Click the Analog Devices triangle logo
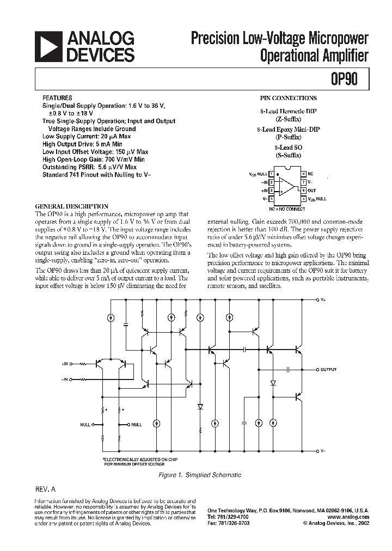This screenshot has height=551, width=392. [x=47, y=47]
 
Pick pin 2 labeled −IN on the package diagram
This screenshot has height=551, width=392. [x=265, y=181]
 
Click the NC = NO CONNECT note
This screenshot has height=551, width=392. [x=287, y=209]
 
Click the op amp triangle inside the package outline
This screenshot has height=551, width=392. [x=286, y=186]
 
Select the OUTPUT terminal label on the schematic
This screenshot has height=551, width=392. [x=328, y=370]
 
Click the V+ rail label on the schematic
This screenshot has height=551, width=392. [x=323, y=300]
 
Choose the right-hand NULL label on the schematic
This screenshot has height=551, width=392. [x=136, y=424]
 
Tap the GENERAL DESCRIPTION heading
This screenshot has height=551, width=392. [x=71, y=206]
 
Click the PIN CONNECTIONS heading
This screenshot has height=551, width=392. [x=288, y=99]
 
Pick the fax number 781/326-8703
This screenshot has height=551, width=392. [x=236, y=522]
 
